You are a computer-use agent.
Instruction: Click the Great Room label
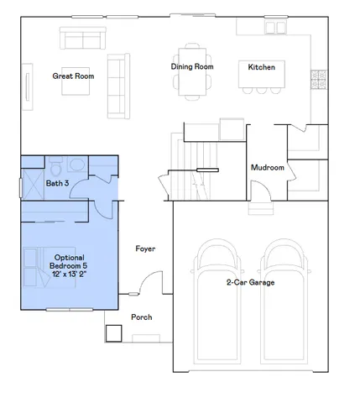tap(73, 76)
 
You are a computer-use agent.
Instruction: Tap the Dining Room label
tap(192, 65)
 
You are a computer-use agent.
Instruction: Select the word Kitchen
tap(261, 66)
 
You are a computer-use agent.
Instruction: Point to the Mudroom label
tap(268, 168)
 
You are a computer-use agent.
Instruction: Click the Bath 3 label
tap(56, 182)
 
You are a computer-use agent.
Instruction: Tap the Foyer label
tap(147, 249)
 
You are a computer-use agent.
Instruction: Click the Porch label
tap(142, 317)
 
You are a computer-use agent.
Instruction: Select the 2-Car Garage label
tap(250, 283)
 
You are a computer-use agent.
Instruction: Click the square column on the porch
tap(113, 332)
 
